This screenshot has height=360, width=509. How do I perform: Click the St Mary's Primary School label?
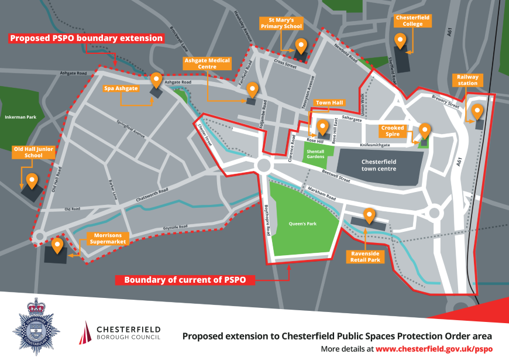280,23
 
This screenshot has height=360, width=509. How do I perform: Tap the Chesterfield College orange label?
412,21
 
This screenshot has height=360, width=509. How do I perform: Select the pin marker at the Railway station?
477,111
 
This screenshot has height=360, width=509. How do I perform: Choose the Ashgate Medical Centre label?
208,63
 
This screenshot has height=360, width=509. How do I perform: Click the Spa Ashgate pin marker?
156,80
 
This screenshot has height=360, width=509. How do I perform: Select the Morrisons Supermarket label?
108,238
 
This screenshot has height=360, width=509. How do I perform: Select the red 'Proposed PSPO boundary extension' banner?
86,39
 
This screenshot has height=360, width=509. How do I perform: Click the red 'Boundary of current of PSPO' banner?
186,280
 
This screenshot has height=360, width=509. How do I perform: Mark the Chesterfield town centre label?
379,165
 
